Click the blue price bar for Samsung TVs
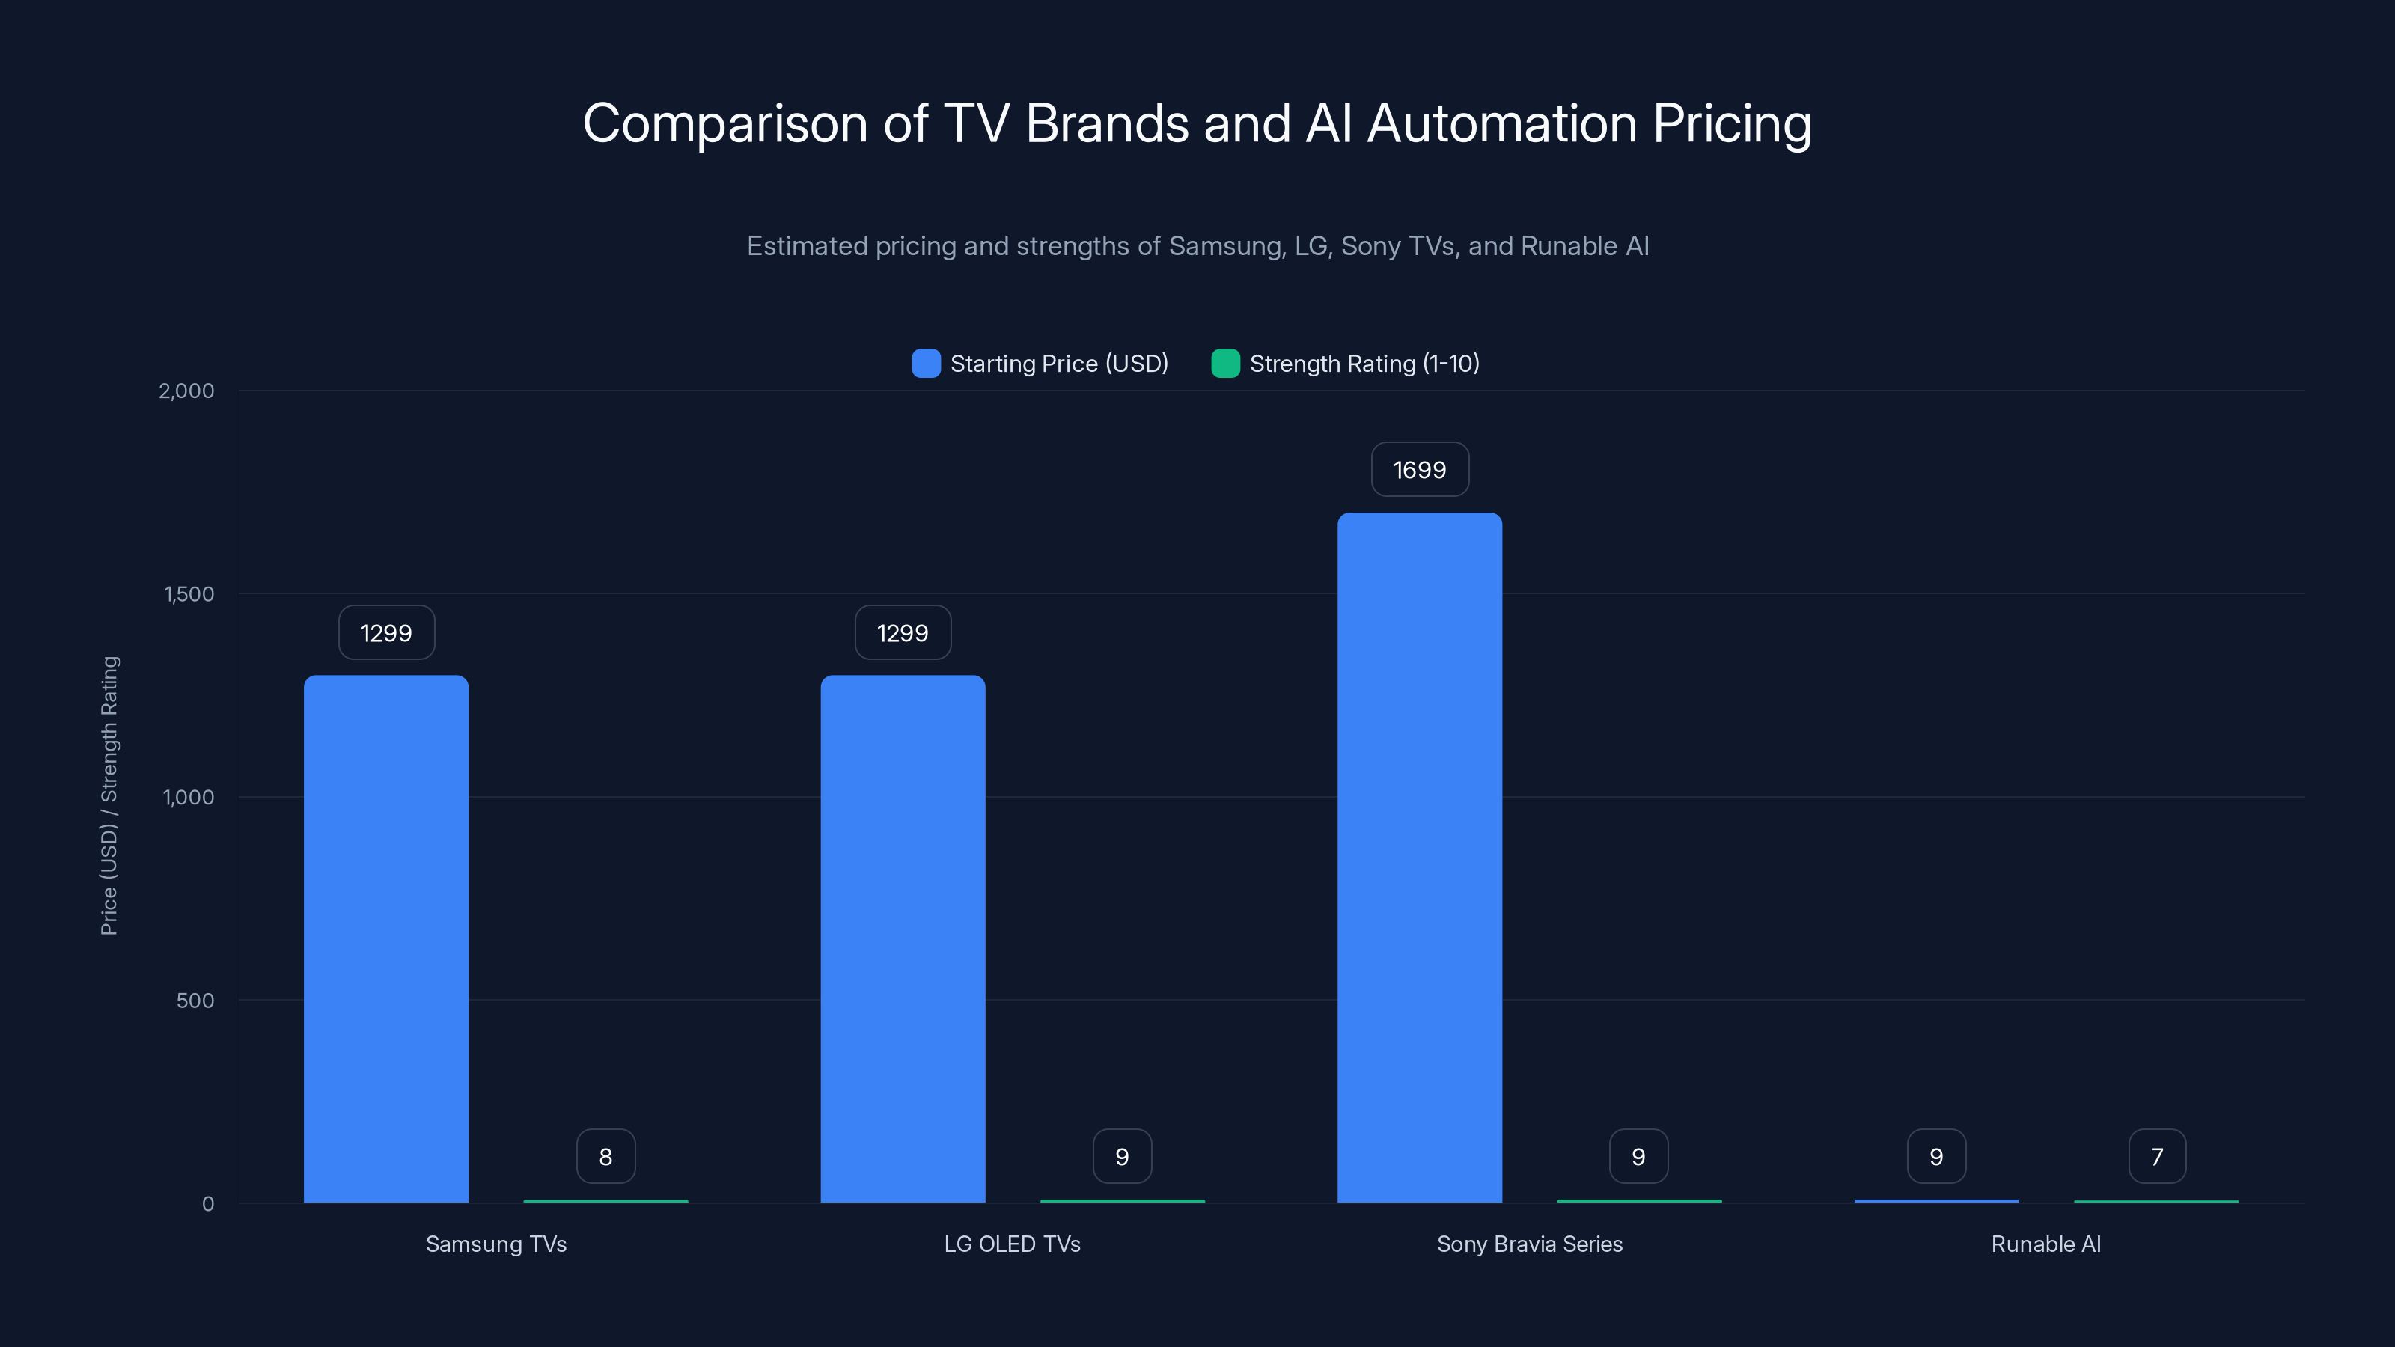point(386,939)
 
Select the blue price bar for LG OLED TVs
point(903,939)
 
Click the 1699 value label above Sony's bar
point(1420,469)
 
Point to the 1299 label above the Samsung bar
point(386,633)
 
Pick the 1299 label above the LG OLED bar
point(903,633)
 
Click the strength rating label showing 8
point(605,1156)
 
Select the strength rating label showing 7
point(2157,1156)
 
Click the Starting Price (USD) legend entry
point(1040,364)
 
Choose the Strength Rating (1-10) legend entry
point(1346,364)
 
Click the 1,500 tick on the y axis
point(189,594)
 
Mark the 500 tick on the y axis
point(195,1001)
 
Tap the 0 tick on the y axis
point(207,1204)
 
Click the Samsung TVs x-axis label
point(495,1244)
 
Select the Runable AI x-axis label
point(2045,1244)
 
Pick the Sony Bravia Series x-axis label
point(1529,1244)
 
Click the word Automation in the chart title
point(1501,123)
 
